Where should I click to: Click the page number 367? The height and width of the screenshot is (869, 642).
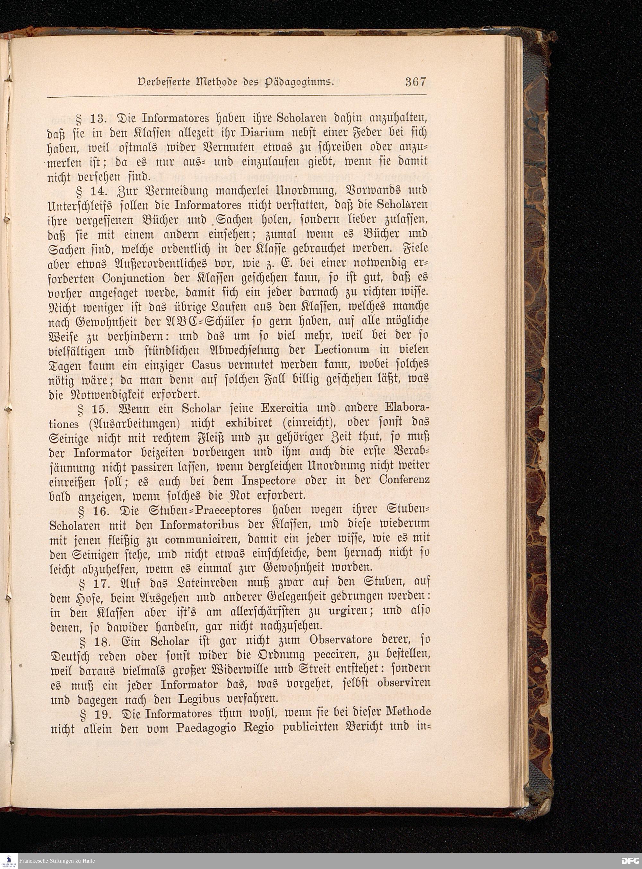pyautogui.click(x=415, y=82)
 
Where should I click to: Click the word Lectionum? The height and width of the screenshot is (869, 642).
pyautogui.click(x=341, y=350)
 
